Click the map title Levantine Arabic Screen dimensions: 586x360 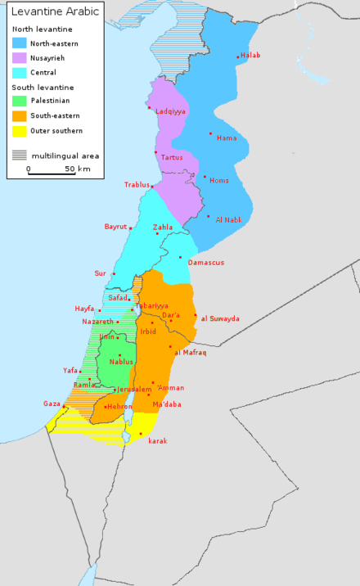coord(55,12)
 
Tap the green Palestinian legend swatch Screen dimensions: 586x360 coord(20,101)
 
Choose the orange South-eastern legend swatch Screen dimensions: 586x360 coord(20,115)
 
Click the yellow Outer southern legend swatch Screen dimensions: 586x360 coord(20,131)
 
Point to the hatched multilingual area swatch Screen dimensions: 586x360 coord(20,155)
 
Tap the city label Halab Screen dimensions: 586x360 coord(250,56)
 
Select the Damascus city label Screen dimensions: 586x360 coord(205,263)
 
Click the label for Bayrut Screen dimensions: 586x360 coord(115,227)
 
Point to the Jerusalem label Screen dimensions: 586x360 coord(134,390)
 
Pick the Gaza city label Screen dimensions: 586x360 coord(52,403)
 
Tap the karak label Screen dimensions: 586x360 coord(158,441)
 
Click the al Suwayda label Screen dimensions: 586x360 coord(219,318)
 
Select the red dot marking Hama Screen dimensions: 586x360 coord(210,133)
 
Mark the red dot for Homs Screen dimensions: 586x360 coord(205,176)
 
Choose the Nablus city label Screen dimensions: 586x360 coord(121,362)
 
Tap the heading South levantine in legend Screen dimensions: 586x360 coord(43,87)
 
